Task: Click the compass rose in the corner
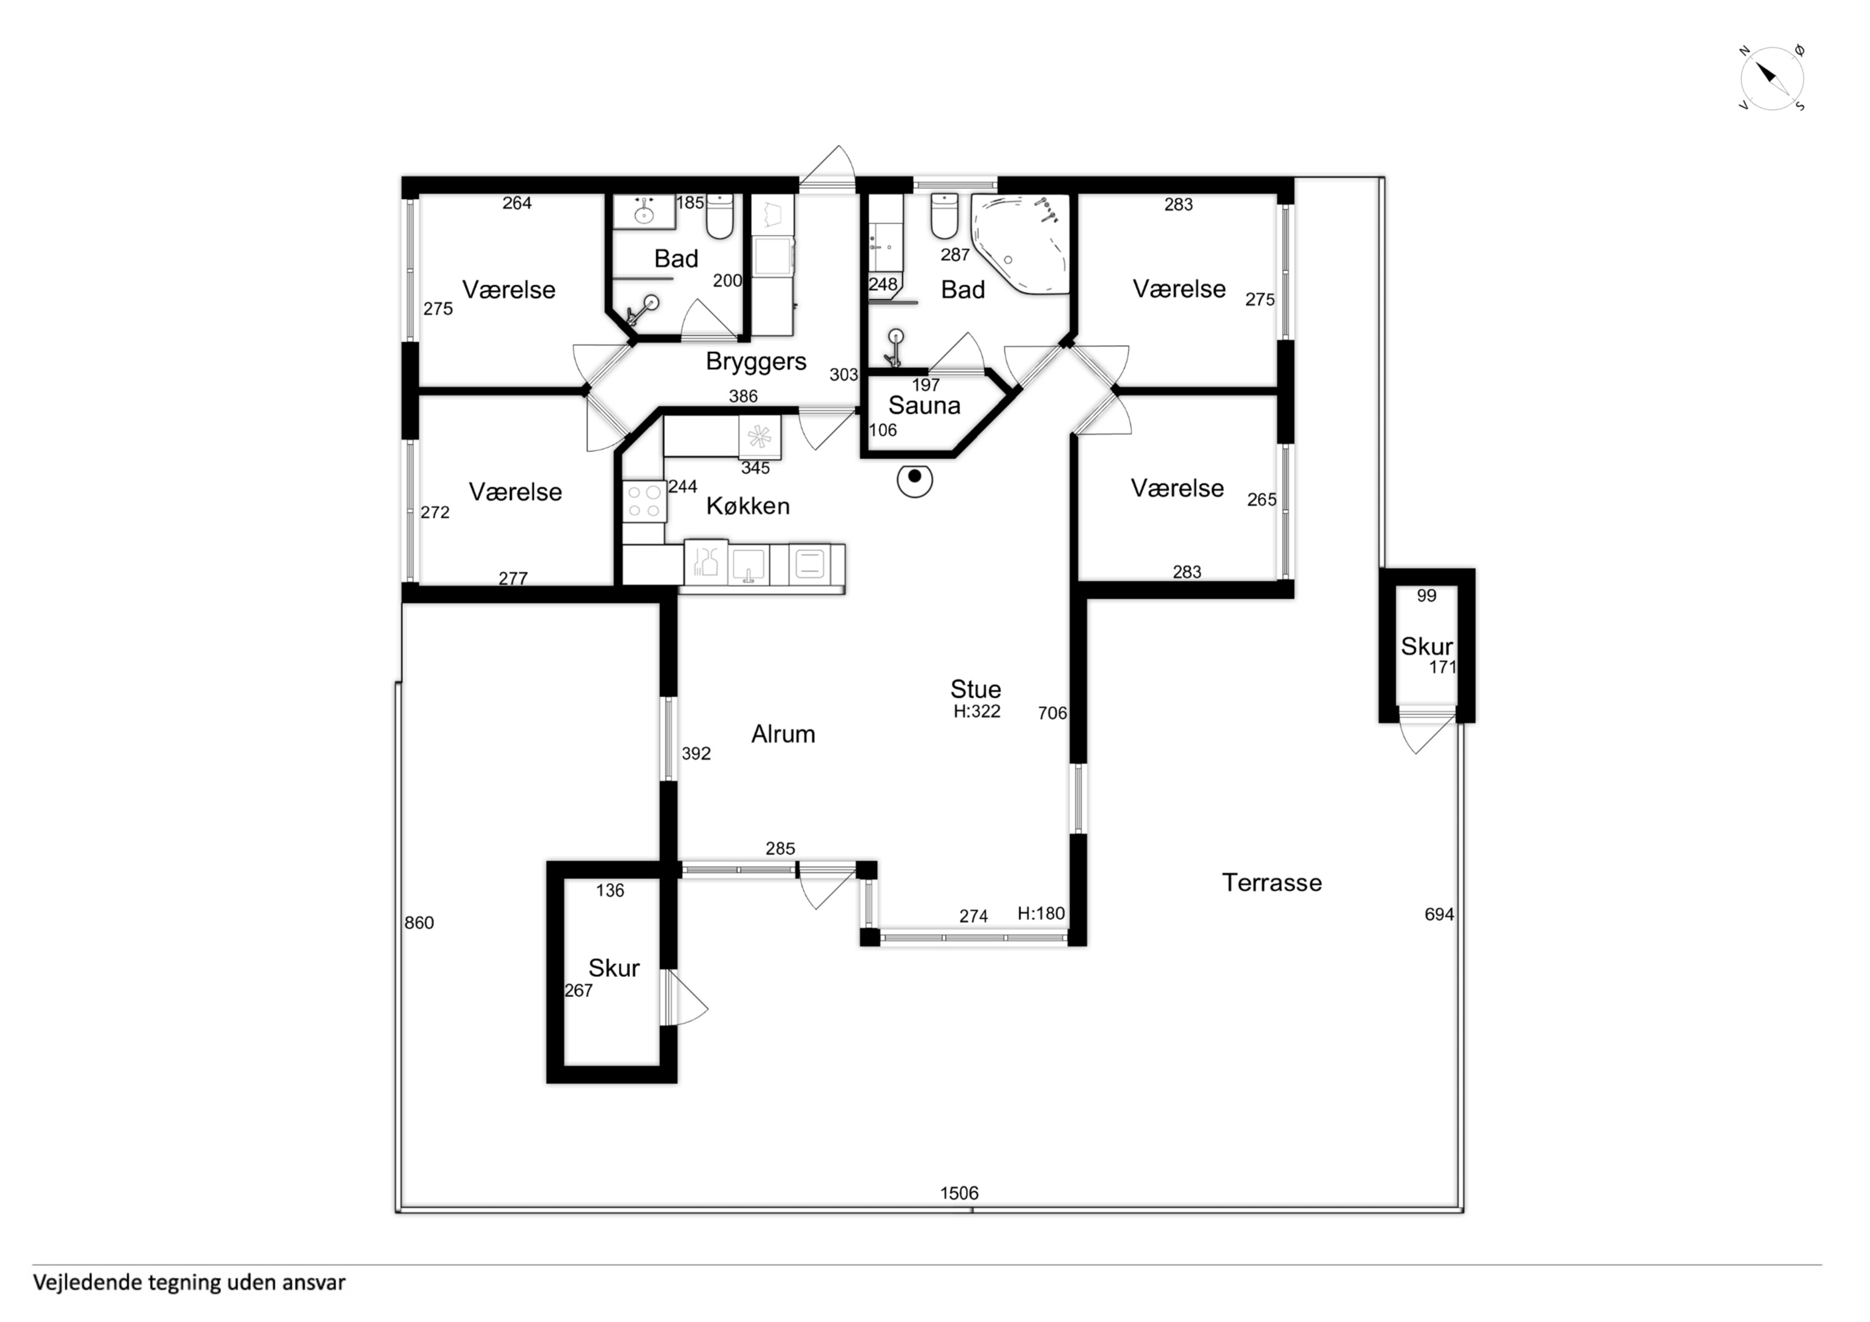point(1772,79)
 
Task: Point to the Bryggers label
point(756,362)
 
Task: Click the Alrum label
point(783,734)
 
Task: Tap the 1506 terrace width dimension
point(959,1193)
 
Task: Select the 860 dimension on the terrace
point(419,923)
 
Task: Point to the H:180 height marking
point(1041,913)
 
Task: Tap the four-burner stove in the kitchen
point(644,501)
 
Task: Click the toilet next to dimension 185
point(719,216)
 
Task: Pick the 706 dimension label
point(1052,714)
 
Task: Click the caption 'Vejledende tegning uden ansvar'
point(189,1283)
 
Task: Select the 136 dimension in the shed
point(610,891)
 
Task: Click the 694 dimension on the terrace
point(1439,915)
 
